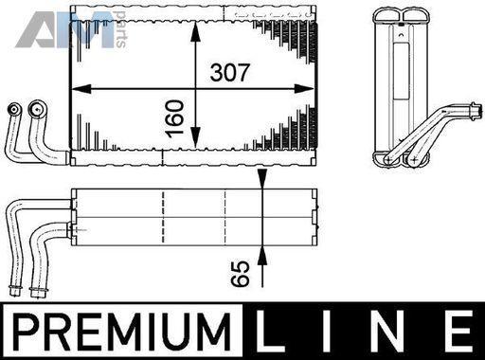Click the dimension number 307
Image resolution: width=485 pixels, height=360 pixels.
[229, 73]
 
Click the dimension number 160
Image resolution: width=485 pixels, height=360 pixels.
[174, 118]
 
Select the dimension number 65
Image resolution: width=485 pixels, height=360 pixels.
[240, 274]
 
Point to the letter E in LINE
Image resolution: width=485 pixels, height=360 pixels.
[461, 332]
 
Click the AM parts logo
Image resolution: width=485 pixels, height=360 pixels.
[71, 29]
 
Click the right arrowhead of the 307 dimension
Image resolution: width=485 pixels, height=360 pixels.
[304, 89]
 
